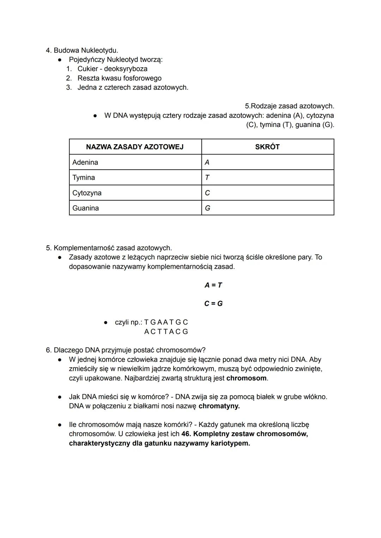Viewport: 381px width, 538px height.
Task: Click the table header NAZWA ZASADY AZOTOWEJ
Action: [135, 147]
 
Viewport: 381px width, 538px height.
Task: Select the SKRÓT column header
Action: [267, 147]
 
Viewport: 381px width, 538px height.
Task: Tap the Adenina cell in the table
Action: [85, 162]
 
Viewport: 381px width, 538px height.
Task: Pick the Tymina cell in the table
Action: [84, 177]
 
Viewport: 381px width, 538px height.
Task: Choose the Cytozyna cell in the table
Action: [87, 193]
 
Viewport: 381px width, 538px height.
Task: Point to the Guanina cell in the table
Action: [85, 208]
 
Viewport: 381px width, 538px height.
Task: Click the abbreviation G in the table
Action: [207, 208]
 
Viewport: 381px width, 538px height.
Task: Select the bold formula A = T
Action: [213, 285]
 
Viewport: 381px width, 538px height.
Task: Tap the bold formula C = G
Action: [213, 303]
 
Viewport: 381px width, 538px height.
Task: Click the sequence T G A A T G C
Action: [166, 322]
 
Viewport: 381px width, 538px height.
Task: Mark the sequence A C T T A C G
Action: [166, 332]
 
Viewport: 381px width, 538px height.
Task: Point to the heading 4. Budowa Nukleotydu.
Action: [82, 50]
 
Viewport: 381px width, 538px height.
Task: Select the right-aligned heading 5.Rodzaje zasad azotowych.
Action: [289, 106]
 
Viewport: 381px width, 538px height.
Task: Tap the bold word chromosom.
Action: [246, 378]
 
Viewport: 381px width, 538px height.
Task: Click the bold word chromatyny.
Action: [219, 406]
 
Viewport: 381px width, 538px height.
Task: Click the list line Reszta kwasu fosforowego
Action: [120, 78]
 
